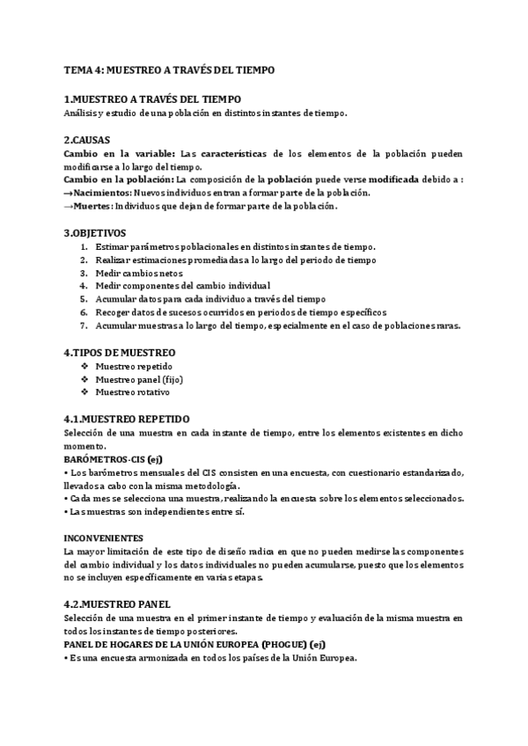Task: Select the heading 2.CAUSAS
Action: (87, 140)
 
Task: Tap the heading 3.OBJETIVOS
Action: (94, 233)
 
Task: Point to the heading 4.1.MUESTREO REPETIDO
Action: (127, 419)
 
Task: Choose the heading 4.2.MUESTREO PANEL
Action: (118, 605)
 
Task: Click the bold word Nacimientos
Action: (102, 193)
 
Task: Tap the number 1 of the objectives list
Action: (84, 246)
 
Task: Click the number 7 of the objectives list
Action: (84, 325)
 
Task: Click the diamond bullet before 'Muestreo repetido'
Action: (84, 365)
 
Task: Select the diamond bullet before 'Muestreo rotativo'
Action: (84, 391)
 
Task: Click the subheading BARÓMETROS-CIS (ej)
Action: (114, 459)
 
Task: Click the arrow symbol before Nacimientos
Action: (69, 193)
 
